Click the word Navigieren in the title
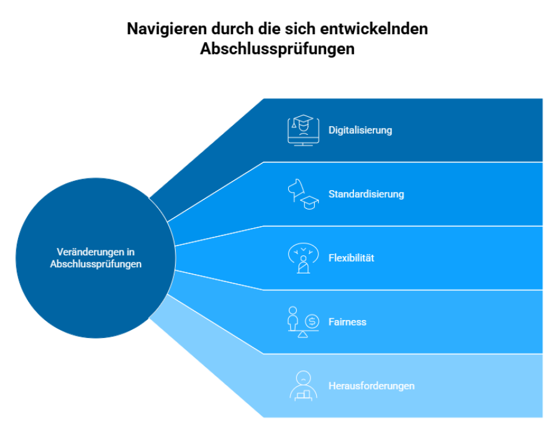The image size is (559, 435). (166, 29)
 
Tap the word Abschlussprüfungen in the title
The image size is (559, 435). (278, 49)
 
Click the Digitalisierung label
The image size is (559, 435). (360, 130)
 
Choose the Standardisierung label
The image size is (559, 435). (366, 194)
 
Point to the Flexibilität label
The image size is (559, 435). (351, 258)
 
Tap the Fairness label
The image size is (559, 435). (347, 322)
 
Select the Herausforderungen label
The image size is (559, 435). (371, 386)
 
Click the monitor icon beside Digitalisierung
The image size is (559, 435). (303, 130)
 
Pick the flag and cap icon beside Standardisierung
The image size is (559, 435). (303, 195)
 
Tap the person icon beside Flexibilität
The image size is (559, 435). (303, 258)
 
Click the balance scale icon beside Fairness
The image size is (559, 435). (303, 322)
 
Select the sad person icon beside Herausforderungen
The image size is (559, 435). (303, 386)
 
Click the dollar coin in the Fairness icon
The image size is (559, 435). (312, 321)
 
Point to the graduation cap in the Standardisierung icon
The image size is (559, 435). (309, 203)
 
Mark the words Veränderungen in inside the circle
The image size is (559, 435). (96, 252)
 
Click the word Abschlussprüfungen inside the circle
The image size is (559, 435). (96, 264)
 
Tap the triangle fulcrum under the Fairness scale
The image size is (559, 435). (302, 334)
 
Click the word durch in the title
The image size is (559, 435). (232, 29)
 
